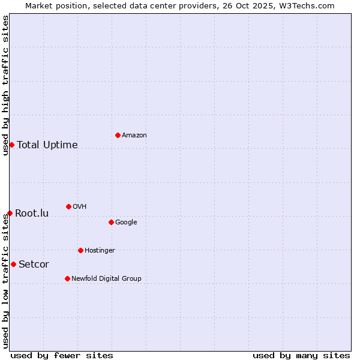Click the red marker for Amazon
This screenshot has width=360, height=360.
pyautogui.click(x=118, y=135)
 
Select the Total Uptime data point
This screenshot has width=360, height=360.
pyautogui.click(x=11, y=145)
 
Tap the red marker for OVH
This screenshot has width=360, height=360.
pyautogui.click(x=68, y=206)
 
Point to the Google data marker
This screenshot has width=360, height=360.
pyautogui.click(x=111, y=222)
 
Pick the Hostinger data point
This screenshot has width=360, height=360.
pyautogui.click(x=80, y=250)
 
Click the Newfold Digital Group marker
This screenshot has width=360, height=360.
pyautogui.click(x=67, y=278)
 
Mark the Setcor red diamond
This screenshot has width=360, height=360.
pyautogui.click(x=13, y=264)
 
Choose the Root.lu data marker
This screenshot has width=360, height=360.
pyautogui.click(x=10, y=213)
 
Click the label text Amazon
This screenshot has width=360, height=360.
pyautogui.click(x=134, y=135)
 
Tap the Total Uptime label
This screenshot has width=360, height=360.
pyautogui.click(x=47, y=145)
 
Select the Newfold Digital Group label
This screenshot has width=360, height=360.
pyautogui.click(x=106, y=278)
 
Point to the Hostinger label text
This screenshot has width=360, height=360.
pyautogui.click(x=100, y=250)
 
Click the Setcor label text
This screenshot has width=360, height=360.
pyautogui.click(x=34, y=264)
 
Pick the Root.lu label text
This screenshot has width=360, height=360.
pyautogui.click(x=32, y=213)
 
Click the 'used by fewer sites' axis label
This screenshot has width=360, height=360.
pyautogui.click(x=62, y=355)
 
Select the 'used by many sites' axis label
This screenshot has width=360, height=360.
pyautogui.click(x=301, y=355)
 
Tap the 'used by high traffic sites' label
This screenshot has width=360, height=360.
pyautogui.click(x=5, y=85)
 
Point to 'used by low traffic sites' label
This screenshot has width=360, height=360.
pyautogui.click(x=5, y=281)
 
